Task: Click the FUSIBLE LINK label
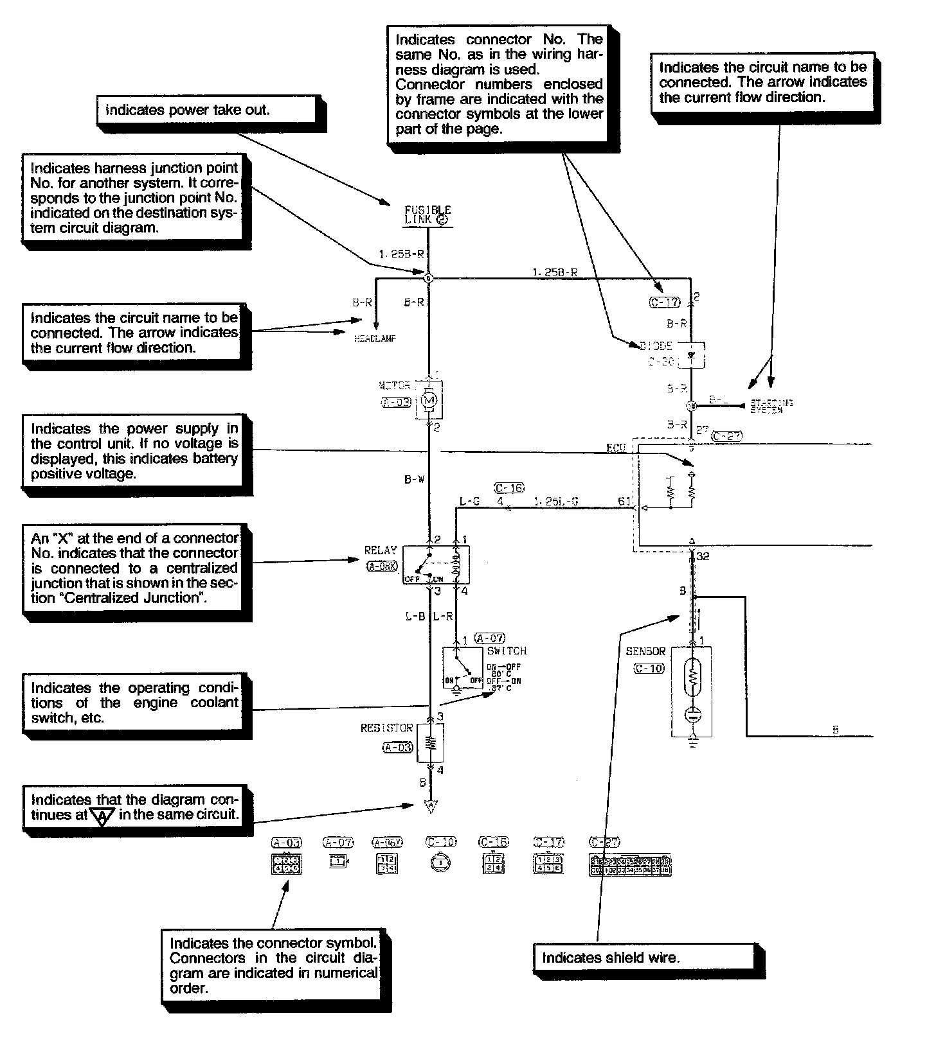[x=428, y=215]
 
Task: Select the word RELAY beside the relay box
[x=381, y=550]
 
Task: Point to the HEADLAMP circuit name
[x=375, y=338]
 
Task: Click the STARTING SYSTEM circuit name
[x=771, y=406]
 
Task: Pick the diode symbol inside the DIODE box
[x=692, y=354]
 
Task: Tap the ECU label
[x=616, y=448]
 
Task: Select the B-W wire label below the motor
[x=414, y=479]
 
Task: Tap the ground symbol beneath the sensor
[x=692, y=742]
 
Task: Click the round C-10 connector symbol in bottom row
[x=440, y=864]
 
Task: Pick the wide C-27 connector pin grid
[x=629, y=865]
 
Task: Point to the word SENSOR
[x=645, y=651]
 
